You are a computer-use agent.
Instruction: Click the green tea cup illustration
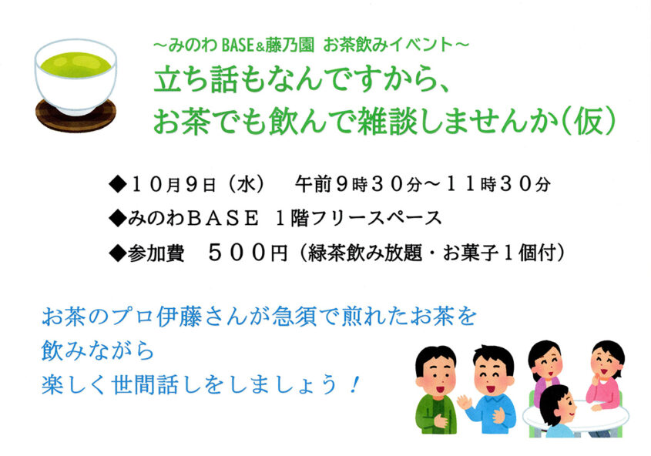pos(76,73)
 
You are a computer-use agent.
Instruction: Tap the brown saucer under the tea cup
pos(76,117)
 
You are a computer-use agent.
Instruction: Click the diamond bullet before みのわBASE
pos(117,219)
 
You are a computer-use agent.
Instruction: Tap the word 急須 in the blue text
pos(314,317)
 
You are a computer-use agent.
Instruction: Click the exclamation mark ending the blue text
pos(355,383)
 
